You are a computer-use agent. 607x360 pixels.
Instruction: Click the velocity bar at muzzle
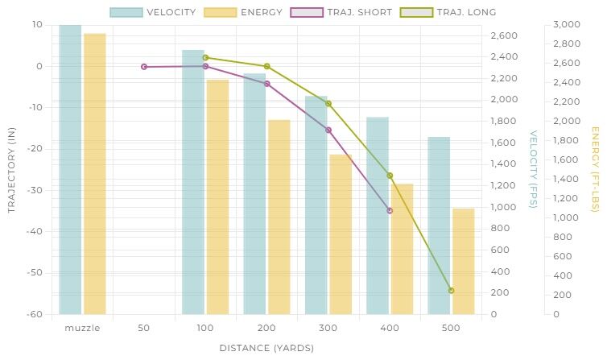(70, 169)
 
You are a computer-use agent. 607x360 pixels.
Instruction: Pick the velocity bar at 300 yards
(316, 205)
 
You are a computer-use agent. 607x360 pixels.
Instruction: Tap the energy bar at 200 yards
(279, 217)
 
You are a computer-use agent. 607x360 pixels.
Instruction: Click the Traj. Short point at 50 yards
(144, 67)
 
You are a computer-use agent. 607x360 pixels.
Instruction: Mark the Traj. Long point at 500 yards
(451, 290)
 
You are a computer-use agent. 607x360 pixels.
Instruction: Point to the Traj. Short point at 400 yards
(390, 210)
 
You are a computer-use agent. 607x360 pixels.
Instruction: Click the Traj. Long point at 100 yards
(205, 57)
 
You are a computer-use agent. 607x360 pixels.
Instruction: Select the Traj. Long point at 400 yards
(390, 176)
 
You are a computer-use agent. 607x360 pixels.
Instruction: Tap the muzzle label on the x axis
(82, 329)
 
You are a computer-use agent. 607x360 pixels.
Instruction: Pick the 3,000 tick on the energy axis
(567, 24)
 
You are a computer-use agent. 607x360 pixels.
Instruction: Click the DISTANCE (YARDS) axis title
(266, 348)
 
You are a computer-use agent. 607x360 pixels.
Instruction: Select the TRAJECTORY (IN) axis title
(11, 169)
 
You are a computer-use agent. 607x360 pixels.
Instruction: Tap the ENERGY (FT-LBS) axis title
(595, 169)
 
